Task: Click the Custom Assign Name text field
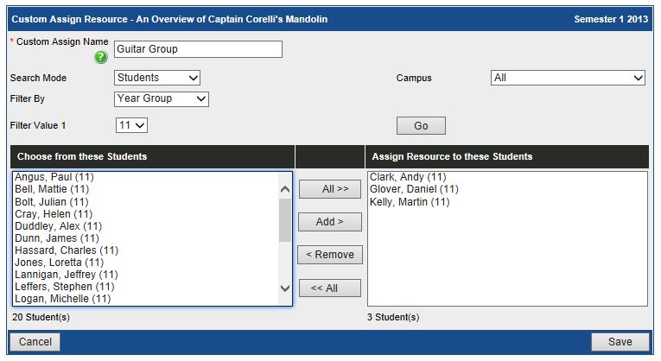[198, 49]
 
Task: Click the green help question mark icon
[101, 57]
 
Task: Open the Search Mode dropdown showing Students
[157, 78]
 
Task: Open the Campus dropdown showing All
[568, 78]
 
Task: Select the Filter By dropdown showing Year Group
[162, 98]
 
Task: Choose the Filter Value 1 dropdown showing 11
[132, 125]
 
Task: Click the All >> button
[329, 189]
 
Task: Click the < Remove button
[329, 255]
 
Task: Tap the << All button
[329, 288]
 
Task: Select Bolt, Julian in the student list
[52, 201]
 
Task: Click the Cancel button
[35, 342]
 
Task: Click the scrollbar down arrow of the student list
[285, 288]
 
